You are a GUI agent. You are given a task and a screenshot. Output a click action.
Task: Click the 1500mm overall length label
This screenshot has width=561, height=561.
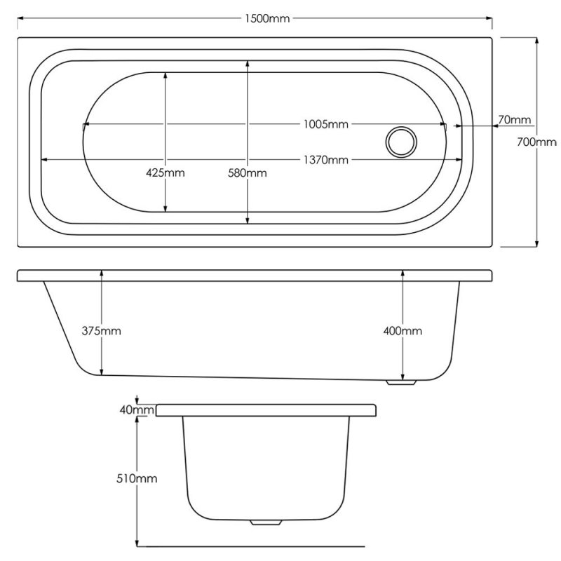(267, 18)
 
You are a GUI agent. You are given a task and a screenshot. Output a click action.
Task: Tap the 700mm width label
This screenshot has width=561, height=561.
(536, 142)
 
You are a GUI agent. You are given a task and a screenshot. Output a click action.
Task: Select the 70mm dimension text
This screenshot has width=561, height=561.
(515, 119)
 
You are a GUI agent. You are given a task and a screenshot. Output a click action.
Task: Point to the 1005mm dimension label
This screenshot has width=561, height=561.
(325, 124)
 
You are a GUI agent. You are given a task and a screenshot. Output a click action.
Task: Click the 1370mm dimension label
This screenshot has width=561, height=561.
(325, 160)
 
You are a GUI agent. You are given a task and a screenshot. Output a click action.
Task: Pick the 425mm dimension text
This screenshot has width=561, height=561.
(165, 173)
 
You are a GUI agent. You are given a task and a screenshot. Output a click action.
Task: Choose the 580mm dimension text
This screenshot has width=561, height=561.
(248, 173)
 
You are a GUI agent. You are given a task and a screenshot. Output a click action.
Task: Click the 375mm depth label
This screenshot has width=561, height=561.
(101, 330)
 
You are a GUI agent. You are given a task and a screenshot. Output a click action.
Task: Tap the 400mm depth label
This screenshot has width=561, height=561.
(403, 330)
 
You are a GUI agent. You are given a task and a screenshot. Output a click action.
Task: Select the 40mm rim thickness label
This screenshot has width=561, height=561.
(137, 410)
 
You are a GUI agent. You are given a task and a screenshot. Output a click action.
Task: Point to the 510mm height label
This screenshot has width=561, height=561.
(137, 478)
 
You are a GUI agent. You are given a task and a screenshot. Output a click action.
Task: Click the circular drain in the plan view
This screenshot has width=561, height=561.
(401, 142)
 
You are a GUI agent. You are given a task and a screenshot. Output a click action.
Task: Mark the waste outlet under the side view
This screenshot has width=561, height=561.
(401, 382)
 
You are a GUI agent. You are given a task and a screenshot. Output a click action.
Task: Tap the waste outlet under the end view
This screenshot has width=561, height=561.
(266, 522)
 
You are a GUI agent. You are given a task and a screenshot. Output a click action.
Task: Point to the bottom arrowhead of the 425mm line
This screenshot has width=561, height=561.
(165, 208)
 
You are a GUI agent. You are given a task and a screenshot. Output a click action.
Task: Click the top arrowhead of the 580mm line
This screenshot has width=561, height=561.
(248, 65)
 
